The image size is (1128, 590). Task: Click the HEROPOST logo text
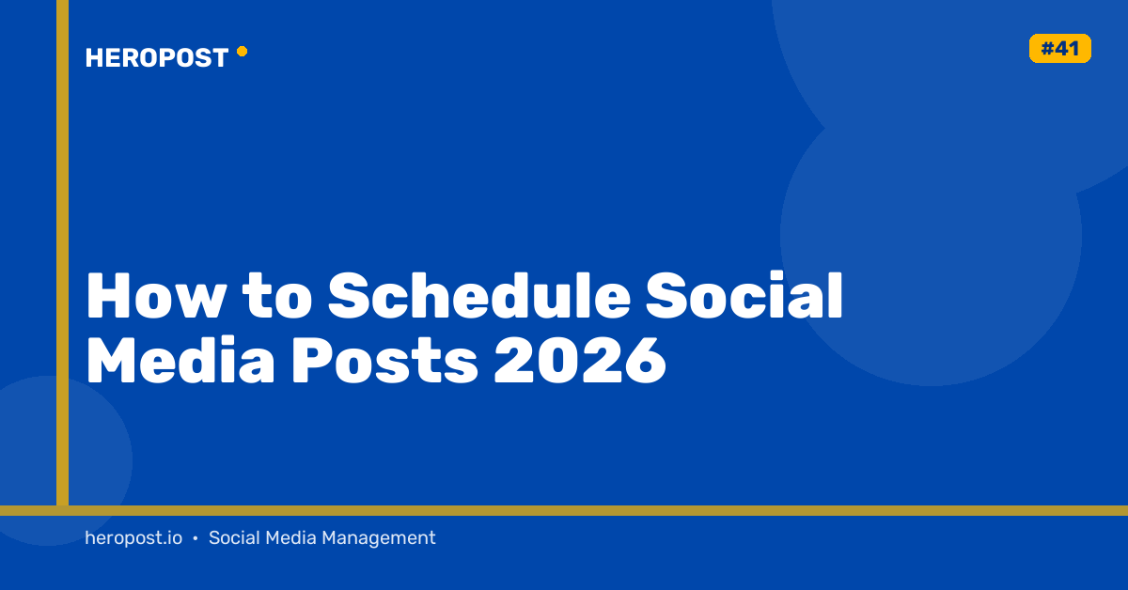tap(157, 57)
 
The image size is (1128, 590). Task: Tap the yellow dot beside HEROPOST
tap(243, 52)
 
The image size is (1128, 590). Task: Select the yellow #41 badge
tap(1060, 48)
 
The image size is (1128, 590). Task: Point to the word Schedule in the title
tap(478, 296)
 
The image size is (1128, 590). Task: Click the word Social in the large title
tap(744, 296)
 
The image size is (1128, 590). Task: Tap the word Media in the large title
tap(181, 361)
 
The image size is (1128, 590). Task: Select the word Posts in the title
tap(384, 361)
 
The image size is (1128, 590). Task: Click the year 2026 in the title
tap(580, 361)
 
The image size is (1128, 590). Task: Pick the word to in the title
tap(277, 297)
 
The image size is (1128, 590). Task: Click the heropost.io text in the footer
tap(133, 537)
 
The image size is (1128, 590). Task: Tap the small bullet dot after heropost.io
tap(196, 538)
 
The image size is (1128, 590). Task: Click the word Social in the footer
tap(234, 537)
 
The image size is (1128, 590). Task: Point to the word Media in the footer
tap(290, 537)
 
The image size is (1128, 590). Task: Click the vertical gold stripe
tap(62, 252)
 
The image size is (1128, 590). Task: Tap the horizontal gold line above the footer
tap(564, 510)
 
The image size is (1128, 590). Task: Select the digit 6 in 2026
tap(645, 361)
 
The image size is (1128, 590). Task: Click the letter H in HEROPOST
tap(94, 57)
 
